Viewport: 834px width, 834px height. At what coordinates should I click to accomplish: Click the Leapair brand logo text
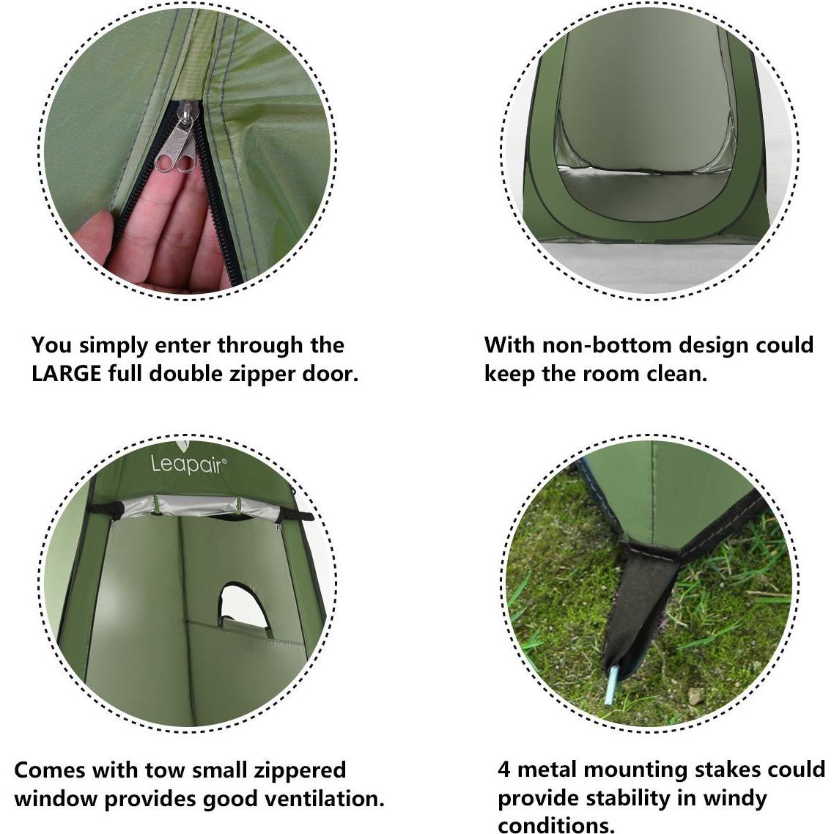(x=189, y=463)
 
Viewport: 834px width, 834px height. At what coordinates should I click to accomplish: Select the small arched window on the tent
(x=243, y=605)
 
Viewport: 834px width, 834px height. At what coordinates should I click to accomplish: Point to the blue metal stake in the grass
(x=613, y=685)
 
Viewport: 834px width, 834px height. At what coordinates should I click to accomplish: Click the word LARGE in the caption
(x=66, y=374)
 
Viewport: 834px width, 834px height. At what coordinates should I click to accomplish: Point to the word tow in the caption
(x=163, y=770)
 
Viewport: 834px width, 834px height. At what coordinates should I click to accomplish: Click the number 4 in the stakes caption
(x=503, y=770)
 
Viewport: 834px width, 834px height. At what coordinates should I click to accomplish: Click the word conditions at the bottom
(x=556, y=824)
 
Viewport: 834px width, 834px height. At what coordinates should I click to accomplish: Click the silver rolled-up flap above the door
(x=202, y=509)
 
